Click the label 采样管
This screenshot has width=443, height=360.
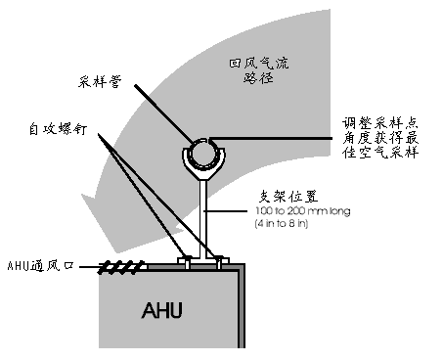coord(100,81)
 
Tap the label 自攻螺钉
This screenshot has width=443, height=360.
coord(58,129)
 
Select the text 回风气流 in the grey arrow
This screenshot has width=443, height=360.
coord(258,63)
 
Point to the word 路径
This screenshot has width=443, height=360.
coord(258,77)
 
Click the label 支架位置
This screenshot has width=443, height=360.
coord(288,197)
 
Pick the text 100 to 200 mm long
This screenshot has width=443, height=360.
coord(303,211)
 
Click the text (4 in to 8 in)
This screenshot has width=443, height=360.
coord(281,224)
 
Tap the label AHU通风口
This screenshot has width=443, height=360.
coord(40,266)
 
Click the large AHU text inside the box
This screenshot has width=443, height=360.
coord(161,310)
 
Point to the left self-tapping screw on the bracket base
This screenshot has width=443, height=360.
coord(187,262)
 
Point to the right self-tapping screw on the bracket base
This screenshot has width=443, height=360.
coord(219,262)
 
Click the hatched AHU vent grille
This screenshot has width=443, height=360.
coord(121,267)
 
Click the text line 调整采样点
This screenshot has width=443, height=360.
coord(379,124)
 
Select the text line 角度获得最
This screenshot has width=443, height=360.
coord(379,138)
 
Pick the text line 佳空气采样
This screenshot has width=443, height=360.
coord(379,153)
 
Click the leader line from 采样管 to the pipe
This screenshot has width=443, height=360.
coord(164,114)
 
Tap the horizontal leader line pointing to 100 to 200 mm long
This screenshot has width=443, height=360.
coord(226,211)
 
